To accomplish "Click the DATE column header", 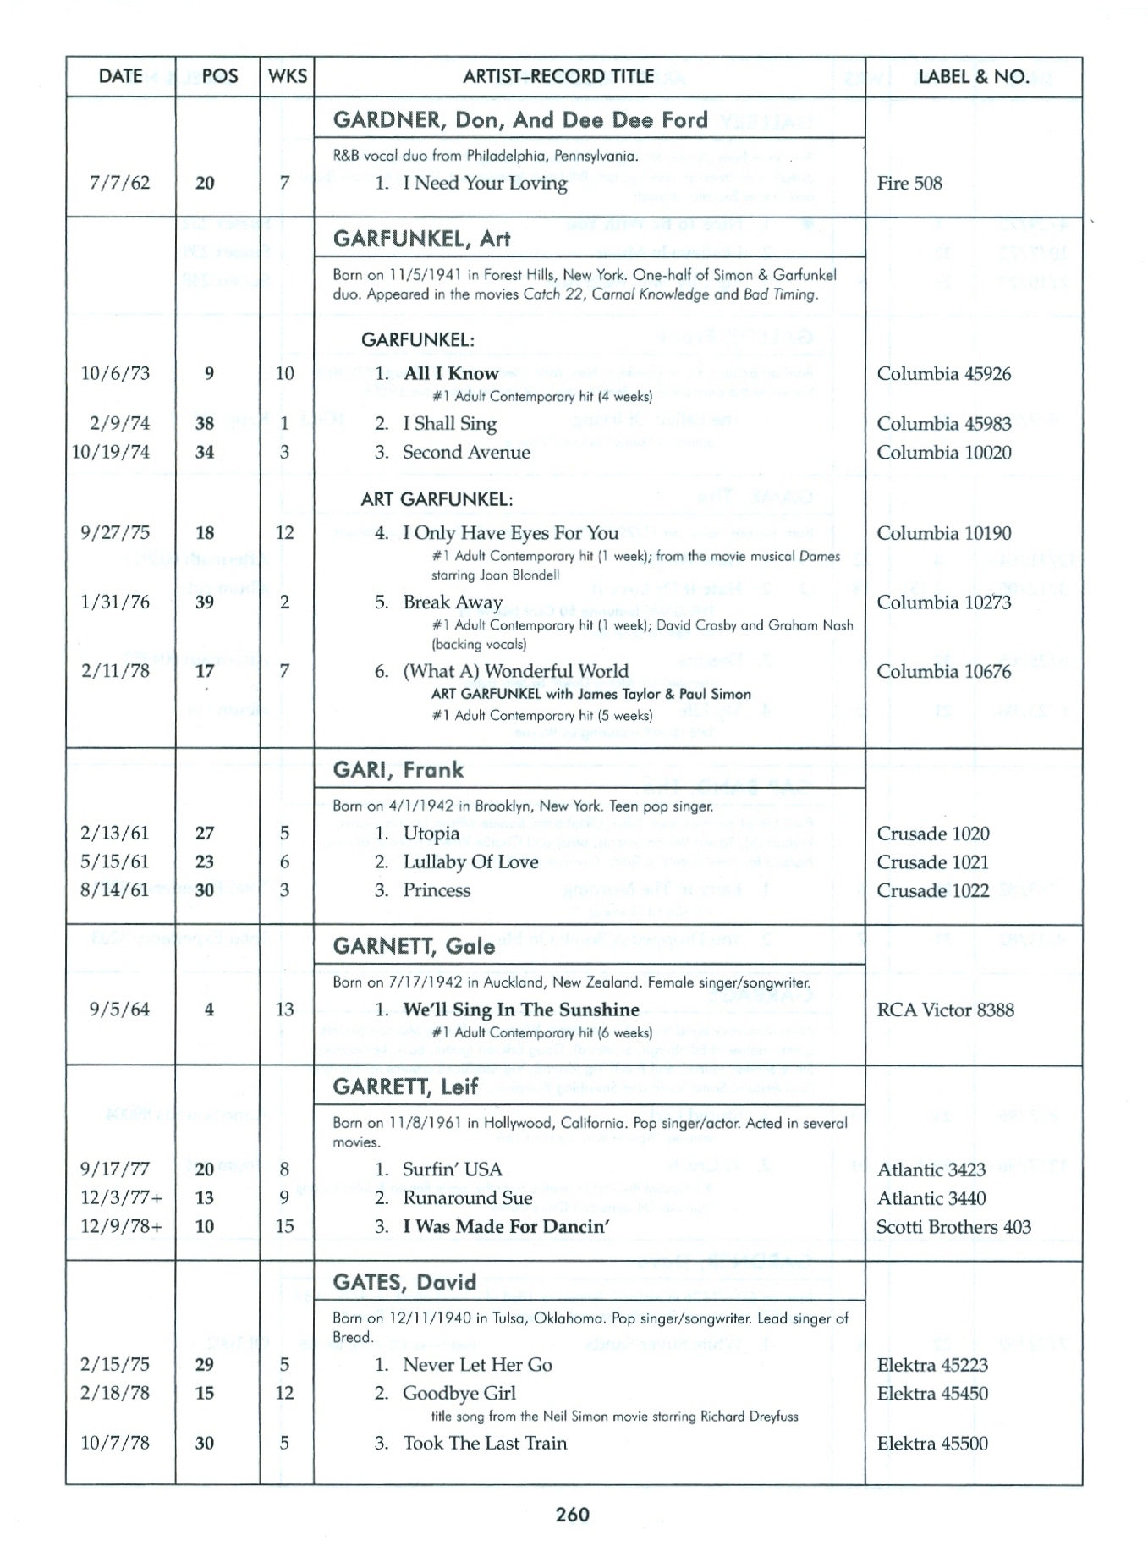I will click(x=120, y=76).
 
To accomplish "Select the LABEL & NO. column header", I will click(x=973, y=76).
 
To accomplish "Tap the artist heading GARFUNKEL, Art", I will click(x=421, y=239).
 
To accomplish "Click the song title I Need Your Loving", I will click(x=485, y=183).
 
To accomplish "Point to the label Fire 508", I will click(x=909, y=183).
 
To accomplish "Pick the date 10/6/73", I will click(x=115, y=373).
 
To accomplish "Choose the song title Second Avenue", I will click(x=466, y=452).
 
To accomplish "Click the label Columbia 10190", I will click(x=943, y=533).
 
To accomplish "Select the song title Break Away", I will click(x=453, y=602).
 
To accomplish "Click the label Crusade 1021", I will click(x=932, y=861).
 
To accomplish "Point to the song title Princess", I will click(x=437, y=890).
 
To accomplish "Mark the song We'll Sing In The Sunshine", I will click(x=520, y=1010).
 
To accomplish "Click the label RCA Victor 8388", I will click(x=945, y=1010).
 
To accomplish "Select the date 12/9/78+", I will click(x=121, y=1226).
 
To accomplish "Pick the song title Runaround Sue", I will click(x=467, y=1197).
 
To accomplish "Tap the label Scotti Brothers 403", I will click(x=953, y=1226).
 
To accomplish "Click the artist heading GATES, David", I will click(x=404, y=1282).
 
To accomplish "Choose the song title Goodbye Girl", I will click(x=459, y=1393).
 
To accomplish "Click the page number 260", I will click(x=573, y=1514).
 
